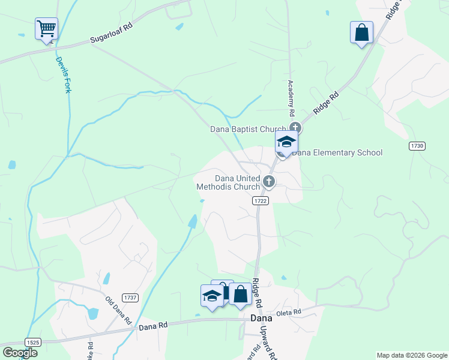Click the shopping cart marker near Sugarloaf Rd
tap(46, 28)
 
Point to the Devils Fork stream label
tap(64, 74)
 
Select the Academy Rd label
tap(292, 98)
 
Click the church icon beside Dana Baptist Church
tap(295, 127)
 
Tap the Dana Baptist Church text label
tap(248, 128)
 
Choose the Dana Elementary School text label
tap(337, 152)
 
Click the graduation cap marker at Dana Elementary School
tap(286, 143)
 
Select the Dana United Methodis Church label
tap(229, 182)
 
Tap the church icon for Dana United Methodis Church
tap(269, 181)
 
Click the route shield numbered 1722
tap(260, 200)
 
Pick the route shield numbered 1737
tap(129, 298)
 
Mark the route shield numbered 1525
tap(33, 342)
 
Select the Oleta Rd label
tap(288, 313)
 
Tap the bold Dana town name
tap(261, 318)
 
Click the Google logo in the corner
tap(20, 353)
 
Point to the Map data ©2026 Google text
tap(411, 355)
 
